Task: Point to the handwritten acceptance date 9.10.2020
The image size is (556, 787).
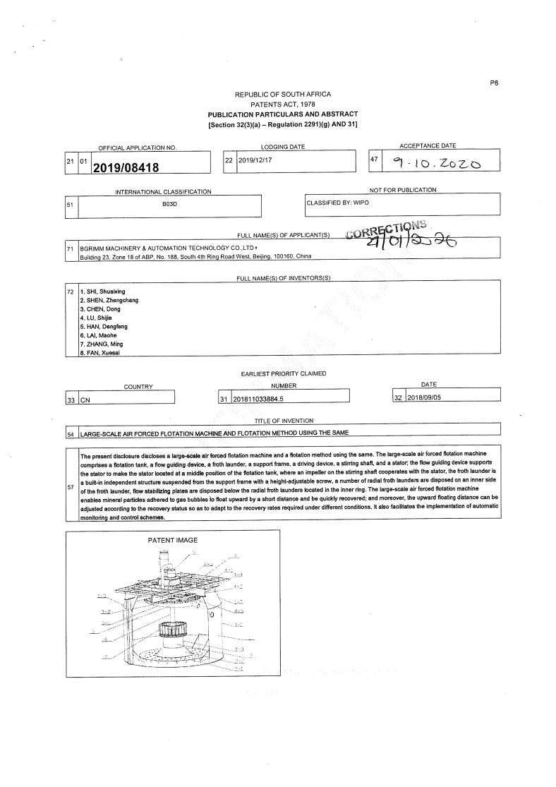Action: (437, 164)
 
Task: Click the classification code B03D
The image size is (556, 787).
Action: (168, 203)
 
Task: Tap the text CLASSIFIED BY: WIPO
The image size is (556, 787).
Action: (337, 203)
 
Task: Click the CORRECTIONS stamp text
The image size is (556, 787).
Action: (387, 231)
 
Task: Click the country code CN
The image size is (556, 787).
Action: (85, 399)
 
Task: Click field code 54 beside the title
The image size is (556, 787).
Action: (71, 433)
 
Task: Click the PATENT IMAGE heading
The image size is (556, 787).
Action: (173, 540)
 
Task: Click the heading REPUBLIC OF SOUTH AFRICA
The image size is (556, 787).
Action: (282, 95)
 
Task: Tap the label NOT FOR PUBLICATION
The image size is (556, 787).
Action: (403, 190)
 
